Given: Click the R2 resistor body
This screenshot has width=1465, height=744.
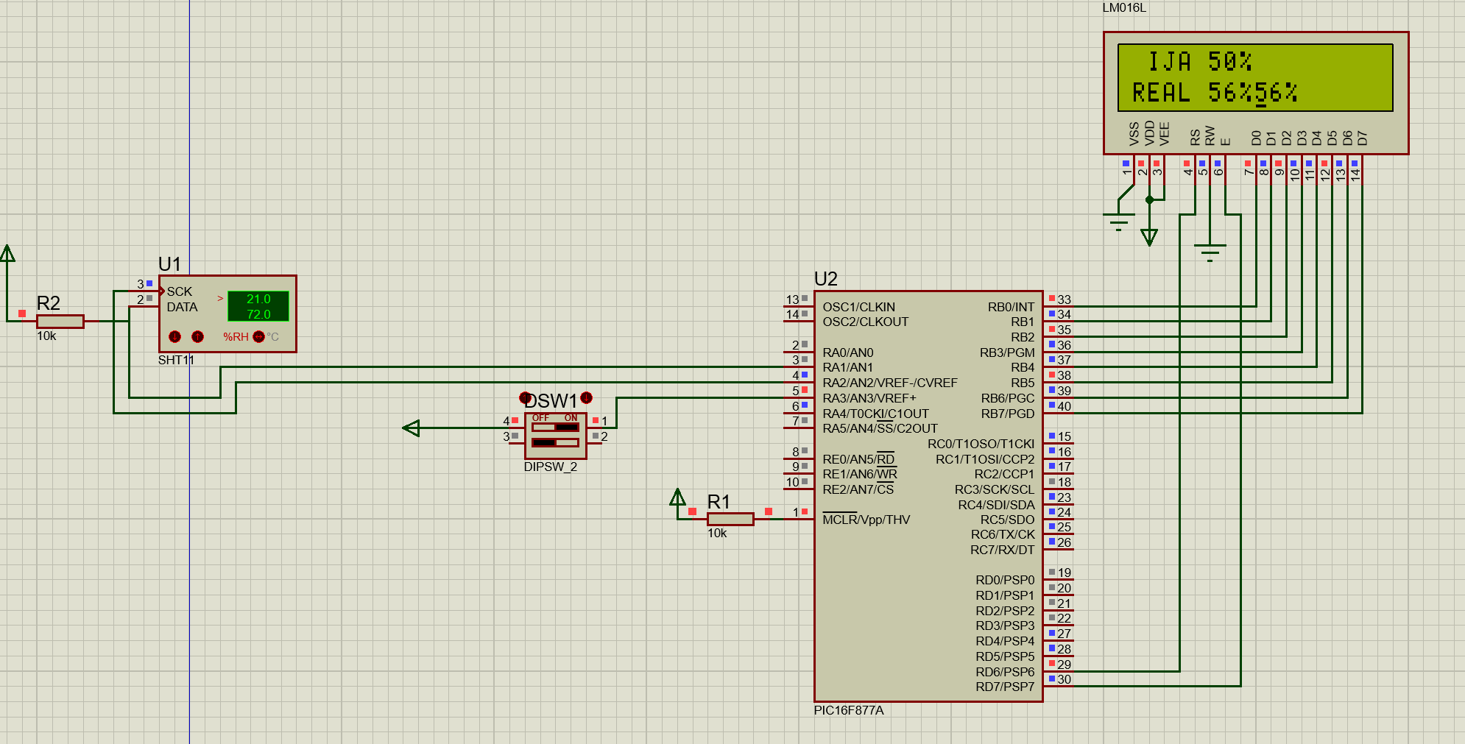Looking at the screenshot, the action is coord(60,322).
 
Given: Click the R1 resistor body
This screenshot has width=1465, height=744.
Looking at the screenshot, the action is coord(730,520).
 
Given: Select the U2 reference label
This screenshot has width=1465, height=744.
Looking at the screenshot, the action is coord(826,279).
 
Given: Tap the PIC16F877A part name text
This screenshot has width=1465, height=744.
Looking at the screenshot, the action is coord(849,711).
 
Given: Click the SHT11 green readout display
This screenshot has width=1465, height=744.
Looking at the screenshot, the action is coord(258,306).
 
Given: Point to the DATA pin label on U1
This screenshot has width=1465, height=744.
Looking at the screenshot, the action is coord(182,307).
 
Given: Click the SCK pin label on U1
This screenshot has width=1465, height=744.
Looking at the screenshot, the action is coord(179,291).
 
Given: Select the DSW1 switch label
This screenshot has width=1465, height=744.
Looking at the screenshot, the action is coord(551,401).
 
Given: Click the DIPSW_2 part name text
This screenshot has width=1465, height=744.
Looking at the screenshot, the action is coord(551,467).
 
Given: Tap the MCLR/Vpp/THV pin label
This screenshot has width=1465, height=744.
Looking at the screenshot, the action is coord(866,520).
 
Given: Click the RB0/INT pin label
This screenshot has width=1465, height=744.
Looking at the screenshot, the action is coord(1011,307).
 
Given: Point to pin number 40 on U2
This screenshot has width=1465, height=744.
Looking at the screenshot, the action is coord(1065,406).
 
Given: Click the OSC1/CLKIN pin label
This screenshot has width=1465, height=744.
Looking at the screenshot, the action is coord(859,307).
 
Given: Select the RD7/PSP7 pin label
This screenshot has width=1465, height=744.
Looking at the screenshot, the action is coord(1005,687).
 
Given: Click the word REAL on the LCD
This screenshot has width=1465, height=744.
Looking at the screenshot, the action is coord(1162,93).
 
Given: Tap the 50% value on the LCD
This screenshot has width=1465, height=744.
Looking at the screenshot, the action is coord(1230,61).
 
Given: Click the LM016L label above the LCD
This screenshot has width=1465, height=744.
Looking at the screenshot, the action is coord(1124,8).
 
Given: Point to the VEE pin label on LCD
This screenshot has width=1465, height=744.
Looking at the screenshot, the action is coord(1164,134).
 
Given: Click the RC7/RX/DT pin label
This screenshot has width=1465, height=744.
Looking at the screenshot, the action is coord(1002,550).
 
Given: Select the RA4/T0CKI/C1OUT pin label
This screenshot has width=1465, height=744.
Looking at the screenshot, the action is coord(876,414).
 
